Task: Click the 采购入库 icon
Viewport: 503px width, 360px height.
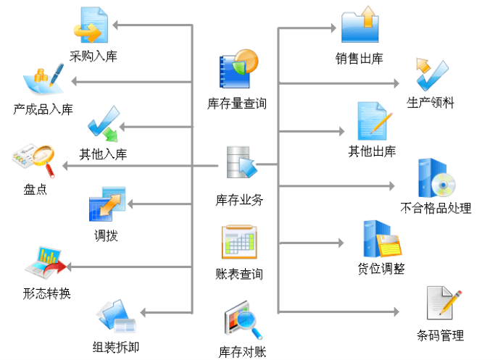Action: point(90,26)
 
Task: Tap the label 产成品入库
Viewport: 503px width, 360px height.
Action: point(43,110)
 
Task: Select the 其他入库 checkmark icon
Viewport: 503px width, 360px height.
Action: point(104,125)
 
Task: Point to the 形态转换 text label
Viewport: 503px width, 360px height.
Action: point(46,294)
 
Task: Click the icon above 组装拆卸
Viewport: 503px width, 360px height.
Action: point(115,317)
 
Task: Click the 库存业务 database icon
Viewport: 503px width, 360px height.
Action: point(240,164)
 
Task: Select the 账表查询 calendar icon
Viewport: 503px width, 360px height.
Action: point(239,243)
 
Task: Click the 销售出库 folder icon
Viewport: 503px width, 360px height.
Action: point(360,26)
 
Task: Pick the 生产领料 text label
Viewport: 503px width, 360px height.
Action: point(431,103)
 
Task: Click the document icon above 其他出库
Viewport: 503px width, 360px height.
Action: point(373,121)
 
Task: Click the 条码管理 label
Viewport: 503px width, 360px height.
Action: point(440,335)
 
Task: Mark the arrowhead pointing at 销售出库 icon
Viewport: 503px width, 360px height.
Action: point(337,28)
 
